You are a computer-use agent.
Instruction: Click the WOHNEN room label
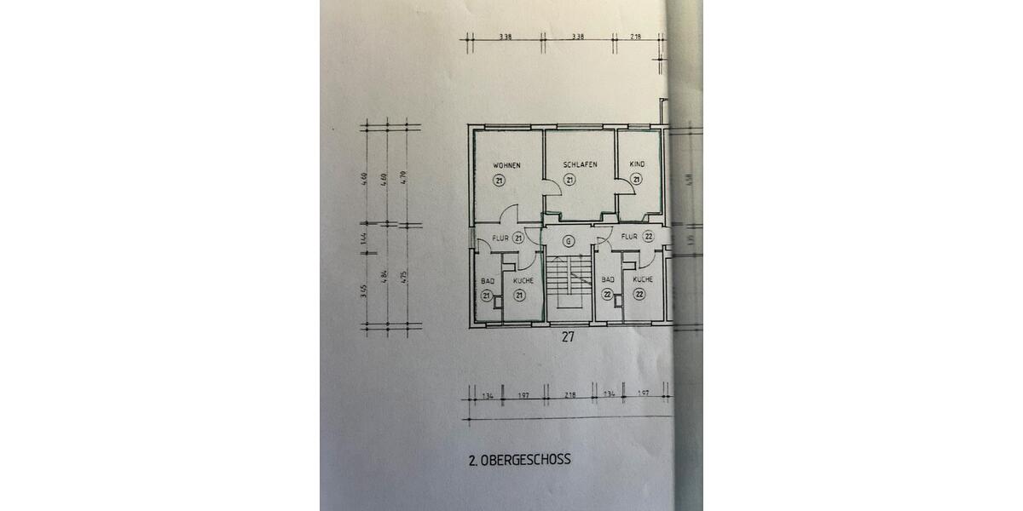[x=506, y=164]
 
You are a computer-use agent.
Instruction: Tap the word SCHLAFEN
[x=579, y=164]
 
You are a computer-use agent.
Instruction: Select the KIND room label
[x=637, y=164]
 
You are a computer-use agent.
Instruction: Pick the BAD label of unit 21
[x=488, y=279]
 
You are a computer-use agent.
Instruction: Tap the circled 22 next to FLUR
[x=648, y=237]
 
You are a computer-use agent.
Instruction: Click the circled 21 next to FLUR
[x=517, y=239]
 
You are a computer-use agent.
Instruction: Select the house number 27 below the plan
[x=569, y=337]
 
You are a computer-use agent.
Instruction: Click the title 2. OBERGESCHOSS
[x=519, y=459]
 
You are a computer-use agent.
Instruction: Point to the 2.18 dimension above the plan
[x=635, y=37]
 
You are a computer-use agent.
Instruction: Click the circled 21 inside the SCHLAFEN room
[x=569, y=179]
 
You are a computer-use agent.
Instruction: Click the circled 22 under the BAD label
[x=608, y=295]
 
